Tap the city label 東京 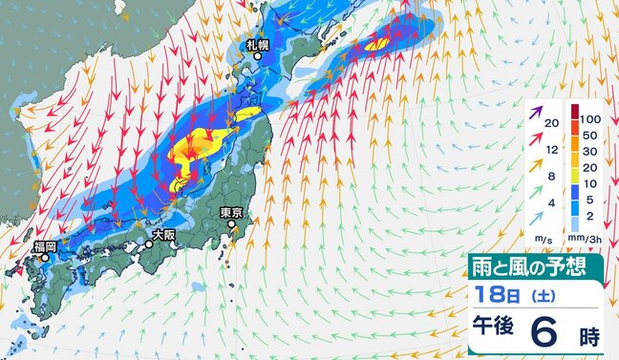[x=232, y=213]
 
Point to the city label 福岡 [x=44, y=247]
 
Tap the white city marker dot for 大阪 [x=147, y=244]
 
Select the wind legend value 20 [x=549, y=124]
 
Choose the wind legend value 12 [x=549, y=150]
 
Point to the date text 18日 [x=490, y=290]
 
